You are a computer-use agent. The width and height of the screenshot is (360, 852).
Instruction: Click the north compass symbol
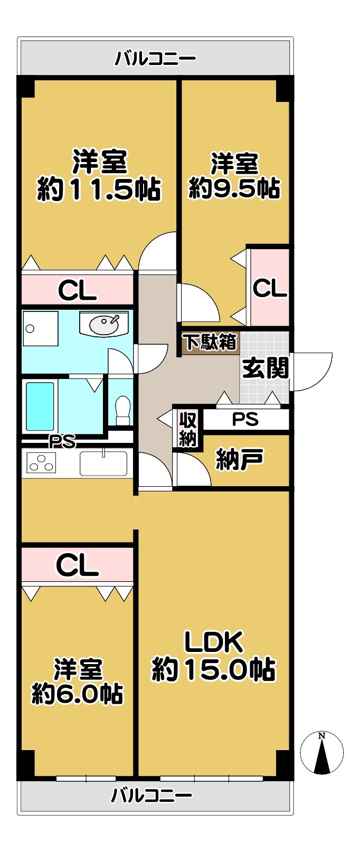click(x=321, y=753)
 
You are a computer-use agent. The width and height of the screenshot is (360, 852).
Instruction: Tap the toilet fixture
click(x=122, y=411)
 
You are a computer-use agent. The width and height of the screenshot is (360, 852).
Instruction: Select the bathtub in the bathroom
click(x=40, y=406)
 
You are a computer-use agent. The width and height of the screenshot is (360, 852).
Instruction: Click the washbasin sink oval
click(x=104, y=325)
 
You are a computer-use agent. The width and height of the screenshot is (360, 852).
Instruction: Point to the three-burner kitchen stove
click(x=41, y=463)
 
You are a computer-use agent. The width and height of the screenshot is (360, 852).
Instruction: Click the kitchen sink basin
click(x=103, y=463)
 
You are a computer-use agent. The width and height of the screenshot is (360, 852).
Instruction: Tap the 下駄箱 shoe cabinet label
click(x=211, y=342)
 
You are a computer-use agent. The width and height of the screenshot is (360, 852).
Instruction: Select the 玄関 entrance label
click(x=266, y=368)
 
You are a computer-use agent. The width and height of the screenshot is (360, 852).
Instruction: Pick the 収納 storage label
click(x=188, y=429)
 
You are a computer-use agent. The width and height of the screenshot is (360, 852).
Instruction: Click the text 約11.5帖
click(x=99, y=189)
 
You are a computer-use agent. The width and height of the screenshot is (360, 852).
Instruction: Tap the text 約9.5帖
click(x=234, y=187)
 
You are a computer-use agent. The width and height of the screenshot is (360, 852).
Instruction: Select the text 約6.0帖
click(x=77, y=694)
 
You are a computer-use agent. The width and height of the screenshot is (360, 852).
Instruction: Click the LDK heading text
click(x=214, y=642)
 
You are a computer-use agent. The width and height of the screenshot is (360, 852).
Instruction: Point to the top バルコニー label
click(x=156, y=59)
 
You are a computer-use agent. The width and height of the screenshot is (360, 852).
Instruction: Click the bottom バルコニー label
click(x=151, y=796)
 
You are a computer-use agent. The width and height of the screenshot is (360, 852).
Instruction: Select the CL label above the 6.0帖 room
click(x=78, y=565)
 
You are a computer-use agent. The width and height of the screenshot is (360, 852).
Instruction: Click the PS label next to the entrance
click(x=245, y=419)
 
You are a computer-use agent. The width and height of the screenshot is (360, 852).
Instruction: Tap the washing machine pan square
click(x=40, y=329)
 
